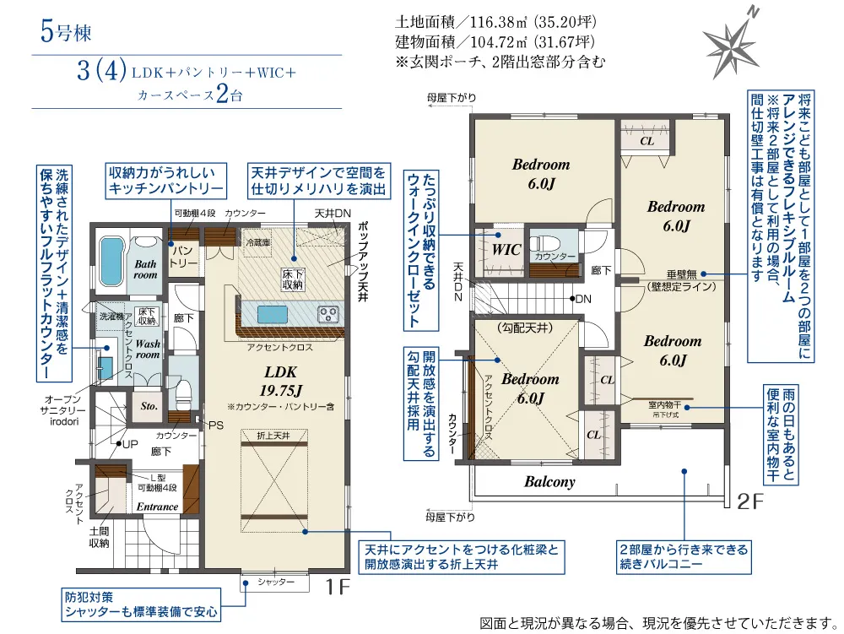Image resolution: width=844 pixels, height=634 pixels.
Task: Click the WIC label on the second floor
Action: coord(507,250)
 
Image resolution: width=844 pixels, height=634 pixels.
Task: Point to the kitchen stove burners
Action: coord(327,314)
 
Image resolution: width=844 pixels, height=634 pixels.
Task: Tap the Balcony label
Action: coord(549,482)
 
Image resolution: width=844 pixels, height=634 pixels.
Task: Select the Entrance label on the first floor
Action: coord(158,507)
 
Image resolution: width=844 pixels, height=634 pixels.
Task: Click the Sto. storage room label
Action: coord(149,406)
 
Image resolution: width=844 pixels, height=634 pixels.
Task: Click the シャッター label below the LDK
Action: coord(276,582)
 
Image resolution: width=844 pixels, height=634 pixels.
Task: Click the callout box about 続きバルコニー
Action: coord(682,557)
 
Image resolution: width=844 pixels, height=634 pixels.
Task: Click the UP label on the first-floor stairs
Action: coord(131,443)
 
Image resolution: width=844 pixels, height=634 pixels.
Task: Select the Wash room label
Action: coord(148,350)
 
